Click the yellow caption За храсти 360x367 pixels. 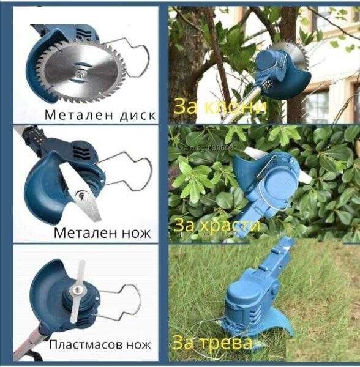click(x=218, y=224)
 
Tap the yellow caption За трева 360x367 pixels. click(x=212, y=341)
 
